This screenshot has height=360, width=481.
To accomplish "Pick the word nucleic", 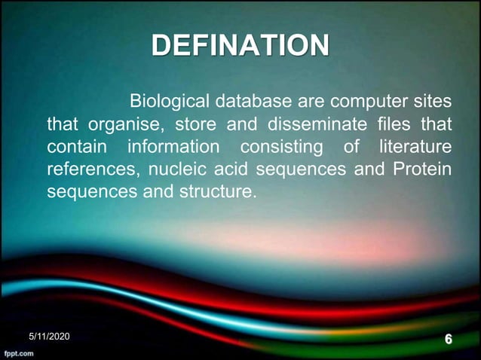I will [174, 169].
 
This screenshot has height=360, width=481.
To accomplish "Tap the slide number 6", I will [449, 340].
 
